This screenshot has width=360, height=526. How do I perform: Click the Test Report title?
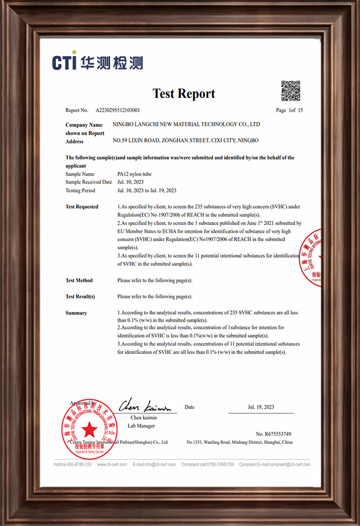tap(184, 94)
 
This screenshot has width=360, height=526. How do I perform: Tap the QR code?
tap(290, 90)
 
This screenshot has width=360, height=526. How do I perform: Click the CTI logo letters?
tap(65, 62)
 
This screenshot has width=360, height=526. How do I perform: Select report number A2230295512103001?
tap(118, 110)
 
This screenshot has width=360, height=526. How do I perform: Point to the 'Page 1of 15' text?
tap(289, 110)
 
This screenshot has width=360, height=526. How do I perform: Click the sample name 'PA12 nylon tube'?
tap(134, 174)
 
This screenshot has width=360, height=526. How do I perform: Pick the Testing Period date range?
tap(147, 190)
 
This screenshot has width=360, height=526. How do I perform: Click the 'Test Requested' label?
tap(82, 207)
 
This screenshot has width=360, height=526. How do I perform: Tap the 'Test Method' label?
tap(79, 280)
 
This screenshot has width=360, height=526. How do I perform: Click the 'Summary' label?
tap(76, 313)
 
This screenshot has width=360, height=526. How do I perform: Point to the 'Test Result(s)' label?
tap(80, 297)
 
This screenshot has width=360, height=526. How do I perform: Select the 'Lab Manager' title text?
tap(142, 426)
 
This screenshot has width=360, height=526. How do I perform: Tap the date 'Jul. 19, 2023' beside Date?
tap(261, 407)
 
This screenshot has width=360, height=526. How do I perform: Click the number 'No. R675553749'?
tap(274, 434)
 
